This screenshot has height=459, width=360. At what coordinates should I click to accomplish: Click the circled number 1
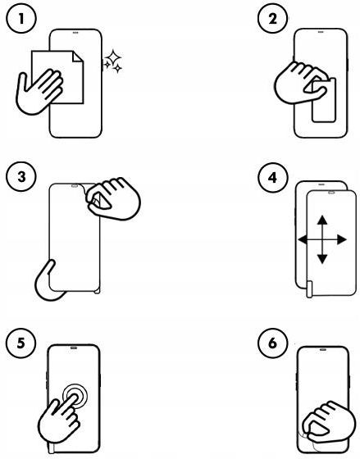21,19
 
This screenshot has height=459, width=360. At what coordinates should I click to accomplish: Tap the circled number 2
273,19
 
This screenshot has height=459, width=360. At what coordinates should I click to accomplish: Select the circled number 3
21,177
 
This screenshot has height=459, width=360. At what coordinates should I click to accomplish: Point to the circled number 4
273,177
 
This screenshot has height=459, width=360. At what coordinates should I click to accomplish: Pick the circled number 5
21,343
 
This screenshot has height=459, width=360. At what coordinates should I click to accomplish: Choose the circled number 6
273,343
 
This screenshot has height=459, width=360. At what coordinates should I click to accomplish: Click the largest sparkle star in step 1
113,57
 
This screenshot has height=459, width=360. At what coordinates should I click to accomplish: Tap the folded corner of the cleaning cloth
78,57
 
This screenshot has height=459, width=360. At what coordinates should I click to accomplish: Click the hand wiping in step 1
39,91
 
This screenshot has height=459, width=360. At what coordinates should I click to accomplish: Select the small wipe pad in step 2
324,99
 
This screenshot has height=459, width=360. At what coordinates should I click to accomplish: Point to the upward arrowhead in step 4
322,220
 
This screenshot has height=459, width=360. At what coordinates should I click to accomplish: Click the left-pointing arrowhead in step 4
303,239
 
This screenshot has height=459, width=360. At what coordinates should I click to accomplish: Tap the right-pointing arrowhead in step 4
342,239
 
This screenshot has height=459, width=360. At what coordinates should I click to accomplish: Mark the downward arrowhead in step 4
322,259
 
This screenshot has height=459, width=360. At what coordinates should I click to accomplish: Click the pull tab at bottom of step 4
309,289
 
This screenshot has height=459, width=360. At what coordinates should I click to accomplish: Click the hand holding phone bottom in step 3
48,282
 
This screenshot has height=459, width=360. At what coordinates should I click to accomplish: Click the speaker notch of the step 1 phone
75,33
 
